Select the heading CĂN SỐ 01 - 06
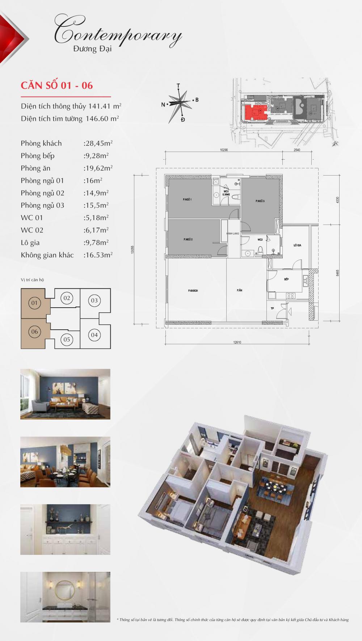tap(57, 85)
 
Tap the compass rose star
tap(179, 103)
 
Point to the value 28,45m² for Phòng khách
tap(98, 143)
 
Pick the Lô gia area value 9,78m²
tap(96, 243)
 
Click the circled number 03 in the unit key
tap(94, 300)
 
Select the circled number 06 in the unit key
tap(34, 332)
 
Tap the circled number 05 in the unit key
tap(67, 340)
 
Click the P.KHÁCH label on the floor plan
tap(193, 291)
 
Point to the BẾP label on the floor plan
tap(286, 279)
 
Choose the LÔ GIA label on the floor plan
tap(298, 245)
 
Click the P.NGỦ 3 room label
tap(260, 201)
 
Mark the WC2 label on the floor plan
tap(260, 240)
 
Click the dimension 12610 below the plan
tap(237, 342)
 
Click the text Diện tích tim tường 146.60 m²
tap(70, 119)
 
